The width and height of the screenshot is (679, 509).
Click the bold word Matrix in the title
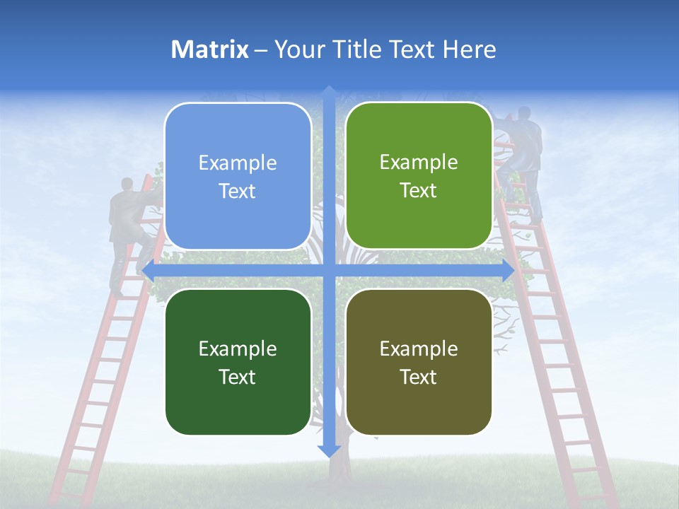point(210,49)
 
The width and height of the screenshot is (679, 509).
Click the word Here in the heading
point(469,49)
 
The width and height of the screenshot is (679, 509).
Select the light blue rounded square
point(238,176)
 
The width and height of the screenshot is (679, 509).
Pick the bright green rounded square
point(419,176)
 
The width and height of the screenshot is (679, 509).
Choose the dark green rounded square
point(238,362)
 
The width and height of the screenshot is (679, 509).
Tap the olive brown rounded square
point(419,362)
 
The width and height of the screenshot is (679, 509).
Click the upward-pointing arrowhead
point(329,92)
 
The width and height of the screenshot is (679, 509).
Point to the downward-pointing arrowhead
point(329,451)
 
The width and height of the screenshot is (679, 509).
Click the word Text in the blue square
point(238,192)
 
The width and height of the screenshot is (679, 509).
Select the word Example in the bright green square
point(419,163)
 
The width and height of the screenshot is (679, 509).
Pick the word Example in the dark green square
point(238,349)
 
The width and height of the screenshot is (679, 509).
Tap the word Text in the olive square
point(419,377)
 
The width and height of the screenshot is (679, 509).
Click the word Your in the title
point(300,49)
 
